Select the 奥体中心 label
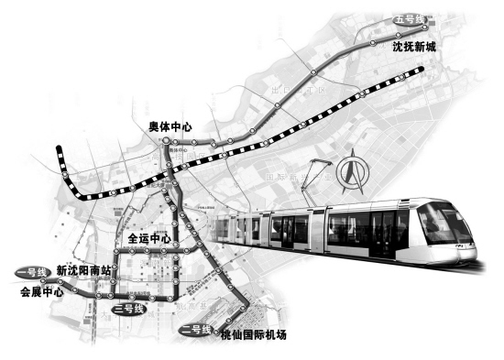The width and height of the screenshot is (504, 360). (x=171, y=127)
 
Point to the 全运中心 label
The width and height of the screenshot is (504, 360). (x=149, y=238)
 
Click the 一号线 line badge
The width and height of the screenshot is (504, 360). (x=32, y=272)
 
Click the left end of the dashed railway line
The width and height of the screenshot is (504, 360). (x=59, y=149)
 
